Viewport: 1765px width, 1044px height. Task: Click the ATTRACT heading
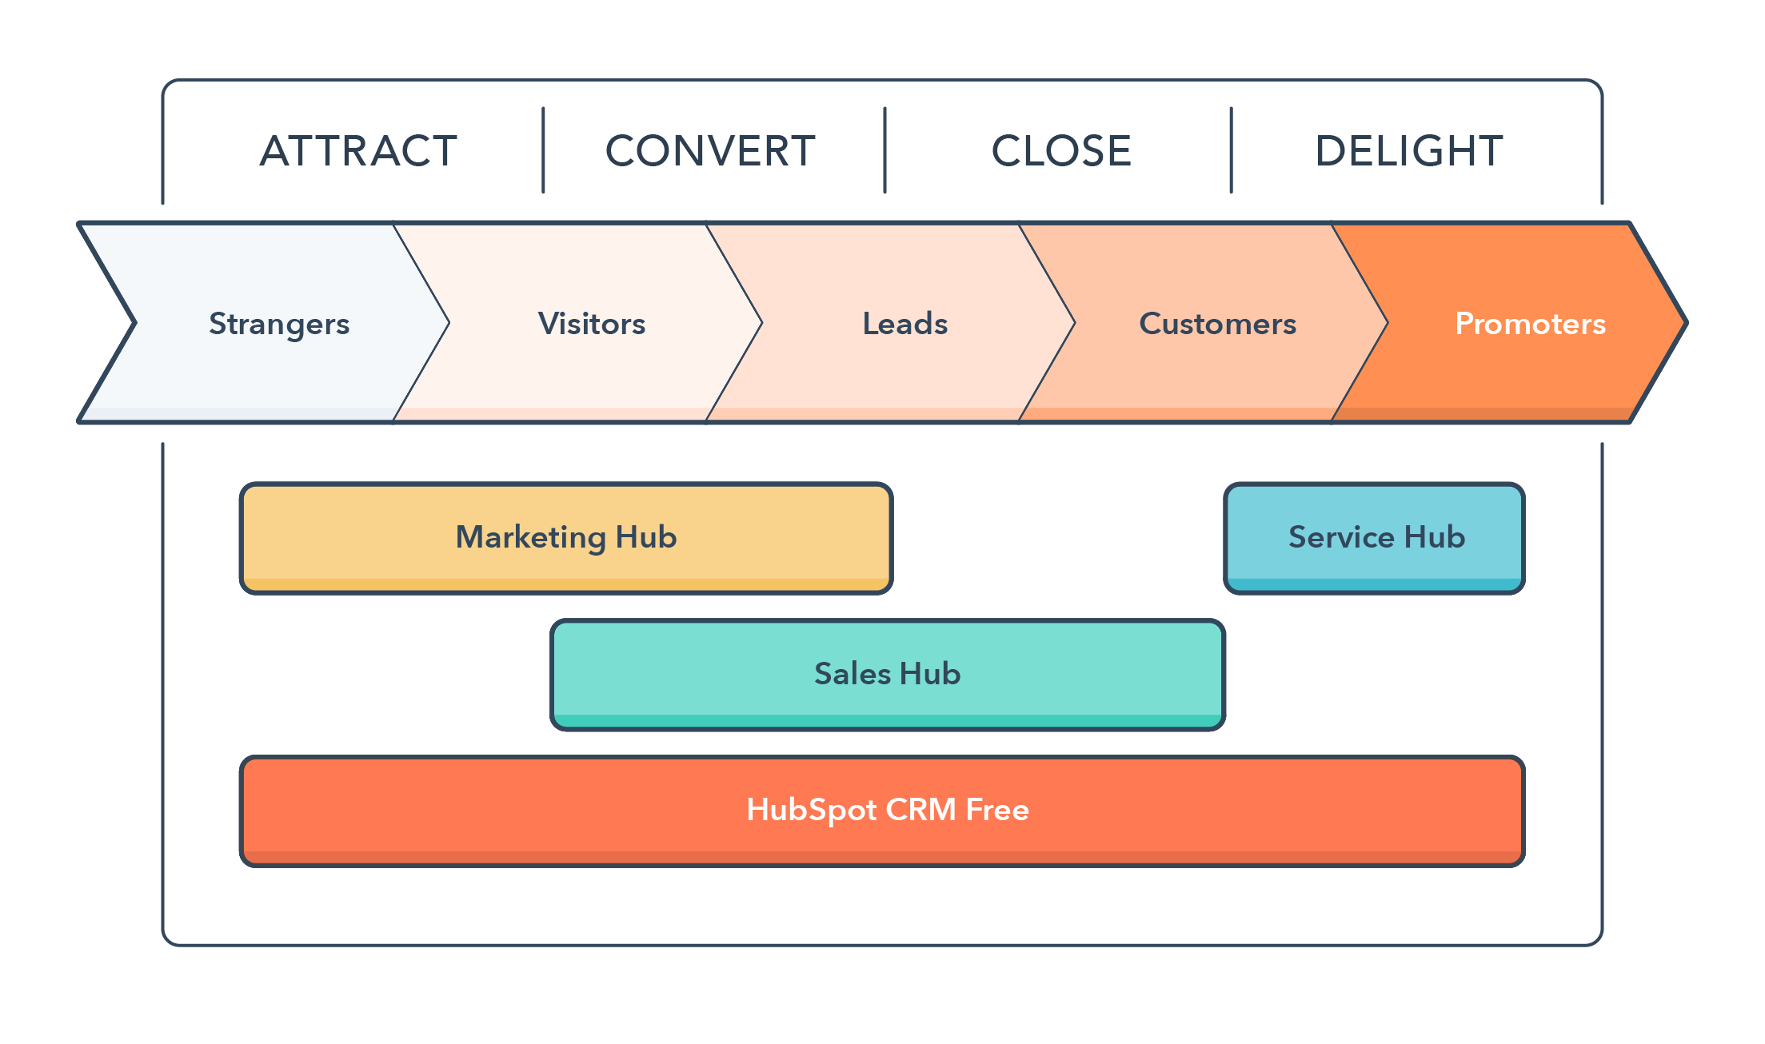coord(358,151)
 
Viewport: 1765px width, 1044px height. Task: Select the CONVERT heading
coord(710,151)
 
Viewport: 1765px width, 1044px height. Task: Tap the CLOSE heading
coord(1061,151)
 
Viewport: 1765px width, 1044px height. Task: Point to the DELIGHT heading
coord(1409,151)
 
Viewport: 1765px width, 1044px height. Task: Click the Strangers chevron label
coord(279,324)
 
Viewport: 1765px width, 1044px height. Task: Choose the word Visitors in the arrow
coord(592,324)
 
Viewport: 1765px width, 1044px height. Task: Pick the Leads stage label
coord(904,324)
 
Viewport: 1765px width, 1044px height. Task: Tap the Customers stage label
coord(1217,324)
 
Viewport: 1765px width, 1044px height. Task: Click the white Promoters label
coord(1530,324)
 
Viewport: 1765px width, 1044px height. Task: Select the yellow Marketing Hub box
coord(566,537)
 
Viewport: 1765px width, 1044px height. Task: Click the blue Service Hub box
coord(1375,537)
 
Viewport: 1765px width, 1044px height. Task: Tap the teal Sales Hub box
coord(888,674)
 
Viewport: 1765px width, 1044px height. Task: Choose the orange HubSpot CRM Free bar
coord(883,810)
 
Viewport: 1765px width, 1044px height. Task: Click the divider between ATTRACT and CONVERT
coord(543,150)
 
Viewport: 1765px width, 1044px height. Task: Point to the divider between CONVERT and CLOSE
coord(884,150)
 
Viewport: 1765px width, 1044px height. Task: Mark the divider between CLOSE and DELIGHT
coord(1231,150)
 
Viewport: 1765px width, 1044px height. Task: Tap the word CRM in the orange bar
coord(920,810)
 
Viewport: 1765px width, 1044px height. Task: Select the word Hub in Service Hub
coord(1435,537)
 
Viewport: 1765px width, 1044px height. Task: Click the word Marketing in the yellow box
coord(530,537)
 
